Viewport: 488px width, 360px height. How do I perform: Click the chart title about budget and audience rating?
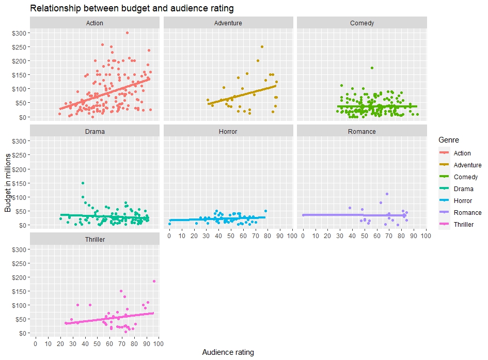point(132,8)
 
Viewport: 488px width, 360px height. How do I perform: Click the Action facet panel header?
point(95,23)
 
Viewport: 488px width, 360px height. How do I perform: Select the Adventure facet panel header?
point(228,23)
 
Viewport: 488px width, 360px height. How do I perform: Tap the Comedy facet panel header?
point(361,23)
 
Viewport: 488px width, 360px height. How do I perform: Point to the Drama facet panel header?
point(95,131)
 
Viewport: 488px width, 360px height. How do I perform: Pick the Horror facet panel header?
point(228,131)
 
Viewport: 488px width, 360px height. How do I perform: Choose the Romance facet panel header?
point(361,131)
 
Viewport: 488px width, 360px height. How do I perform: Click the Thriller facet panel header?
point(95,240)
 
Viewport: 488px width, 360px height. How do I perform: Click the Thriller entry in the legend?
point(463,225)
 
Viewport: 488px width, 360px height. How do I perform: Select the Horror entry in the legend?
point(462,201)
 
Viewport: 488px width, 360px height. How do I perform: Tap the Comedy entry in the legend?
point(465,177)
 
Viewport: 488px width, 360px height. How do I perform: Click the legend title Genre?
point(448,140)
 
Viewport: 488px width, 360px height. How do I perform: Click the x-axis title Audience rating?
point(228,352)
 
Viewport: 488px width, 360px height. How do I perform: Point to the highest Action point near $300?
point(127,33)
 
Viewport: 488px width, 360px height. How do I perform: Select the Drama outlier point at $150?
point(83,183)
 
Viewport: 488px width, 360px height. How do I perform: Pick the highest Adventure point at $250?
point(262,46)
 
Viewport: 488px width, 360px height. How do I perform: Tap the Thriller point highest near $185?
point(154,281)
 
